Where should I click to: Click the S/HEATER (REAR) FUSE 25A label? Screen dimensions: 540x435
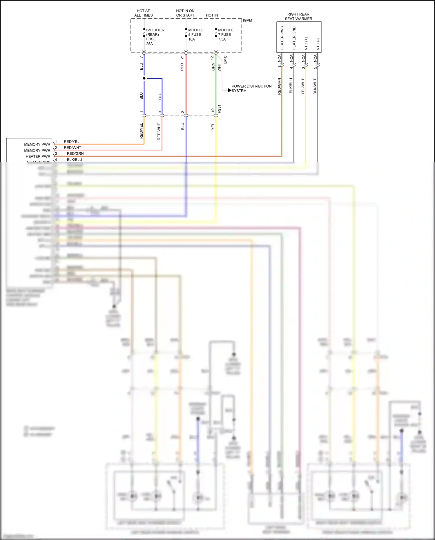click(x=155, y=37)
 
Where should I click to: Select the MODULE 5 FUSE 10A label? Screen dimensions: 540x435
click(x=196, y=35)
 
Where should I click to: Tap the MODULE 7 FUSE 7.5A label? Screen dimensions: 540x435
click(x=226, y=35)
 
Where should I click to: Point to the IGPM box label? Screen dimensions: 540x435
click(x=247, y=20)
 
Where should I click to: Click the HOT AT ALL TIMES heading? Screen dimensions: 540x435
click(x=143, y=13)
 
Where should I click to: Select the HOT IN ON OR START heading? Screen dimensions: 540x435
click(x=185, y=13)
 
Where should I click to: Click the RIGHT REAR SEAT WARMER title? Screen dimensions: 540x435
click(x=298, y=17)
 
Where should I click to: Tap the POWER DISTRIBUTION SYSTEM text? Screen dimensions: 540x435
click(x=251, y=89)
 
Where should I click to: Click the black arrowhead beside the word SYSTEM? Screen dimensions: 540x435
click(x=230, y=91)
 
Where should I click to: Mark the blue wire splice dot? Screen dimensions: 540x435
click(x=144, y=78)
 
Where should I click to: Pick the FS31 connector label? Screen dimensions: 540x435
click(x=220, y=109)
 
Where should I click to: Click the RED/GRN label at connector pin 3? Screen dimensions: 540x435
click(x=75, y=153)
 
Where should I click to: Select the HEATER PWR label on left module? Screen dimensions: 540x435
click(x=38, y=156)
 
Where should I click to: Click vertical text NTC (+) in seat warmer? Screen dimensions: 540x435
click(x=306, y=44)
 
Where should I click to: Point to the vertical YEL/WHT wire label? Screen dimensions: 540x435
click(x=303, y=86)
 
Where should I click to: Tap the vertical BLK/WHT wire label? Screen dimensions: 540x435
click(x=315, y=86)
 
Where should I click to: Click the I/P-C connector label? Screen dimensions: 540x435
click(x=225, y=59)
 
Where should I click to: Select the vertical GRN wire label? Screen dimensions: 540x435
click(x=213, y=67)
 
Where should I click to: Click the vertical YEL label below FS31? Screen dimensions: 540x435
click(x=213, y=127)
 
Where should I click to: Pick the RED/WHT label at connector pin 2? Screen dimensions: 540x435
click(x=72, y=148)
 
